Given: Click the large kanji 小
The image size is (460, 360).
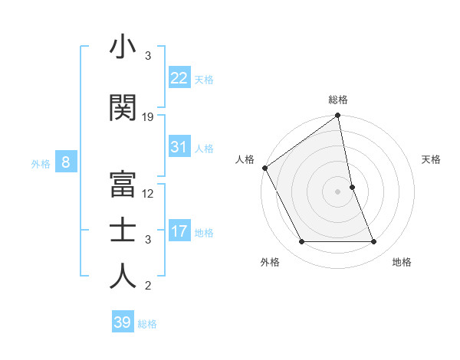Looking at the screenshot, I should coord(123,48).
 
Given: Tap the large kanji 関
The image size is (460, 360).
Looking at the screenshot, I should coord(123,108).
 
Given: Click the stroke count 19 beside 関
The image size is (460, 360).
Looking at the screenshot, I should coord(148,117).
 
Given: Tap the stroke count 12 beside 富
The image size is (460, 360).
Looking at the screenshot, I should coord(148,193).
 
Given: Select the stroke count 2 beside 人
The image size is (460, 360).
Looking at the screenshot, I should coord(148,286).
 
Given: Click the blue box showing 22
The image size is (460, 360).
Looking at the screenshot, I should coord(179,78).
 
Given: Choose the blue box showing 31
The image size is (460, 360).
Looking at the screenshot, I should coord(179,147).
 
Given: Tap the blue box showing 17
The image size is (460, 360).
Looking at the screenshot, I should coord(179,231).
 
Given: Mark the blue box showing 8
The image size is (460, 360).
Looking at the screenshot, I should coord(66,162).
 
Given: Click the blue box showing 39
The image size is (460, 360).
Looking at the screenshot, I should coord(122,322).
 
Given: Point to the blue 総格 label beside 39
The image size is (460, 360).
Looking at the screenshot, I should coord(147,324).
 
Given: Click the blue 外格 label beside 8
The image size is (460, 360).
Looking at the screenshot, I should coord(41,163).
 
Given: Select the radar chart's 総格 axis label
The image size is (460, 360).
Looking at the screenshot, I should coord(338,100).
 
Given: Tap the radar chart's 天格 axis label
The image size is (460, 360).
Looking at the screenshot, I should coord(431,159).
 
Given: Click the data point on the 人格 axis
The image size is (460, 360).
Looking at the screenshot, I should coord(264,168).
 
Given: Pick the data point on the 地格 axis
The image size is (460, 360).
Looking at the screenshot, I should coord(374,242).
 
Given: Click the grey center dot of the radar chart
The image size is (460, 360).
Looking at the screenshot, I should coord(337,191).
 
